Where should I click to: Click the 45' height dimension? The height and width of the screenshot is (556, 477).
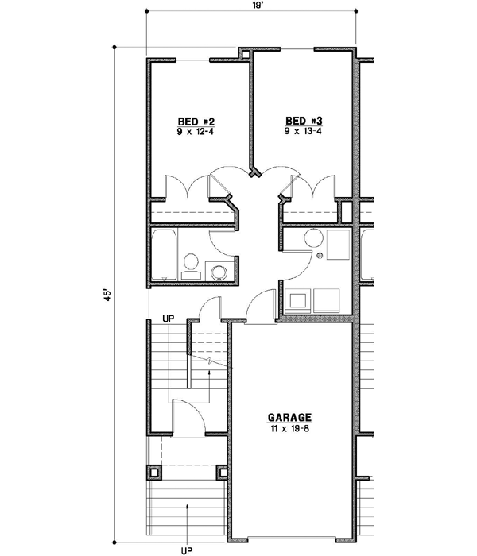tap(105, 293)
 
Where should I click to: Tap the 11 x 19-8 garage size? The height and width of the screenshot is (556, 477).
tap(289, 429)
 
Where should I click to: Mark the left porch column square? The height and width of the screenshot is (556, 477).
tap(153, 472)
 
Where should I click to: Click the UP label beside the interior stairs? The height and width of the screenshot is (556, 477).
tap(168, 319)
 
